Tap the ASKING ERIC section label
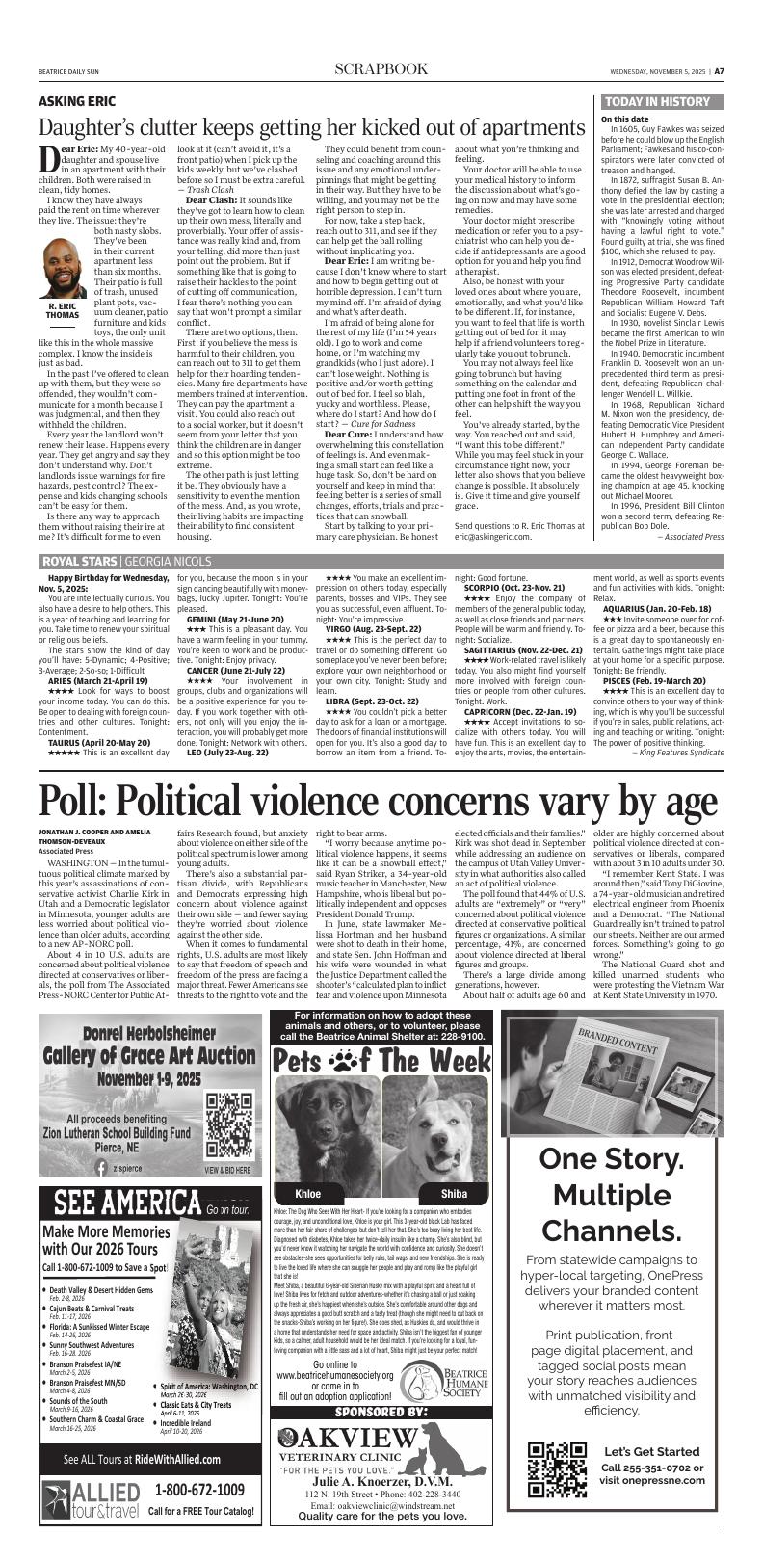coord(77,101)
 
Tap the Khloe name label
coord(308,1193)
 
